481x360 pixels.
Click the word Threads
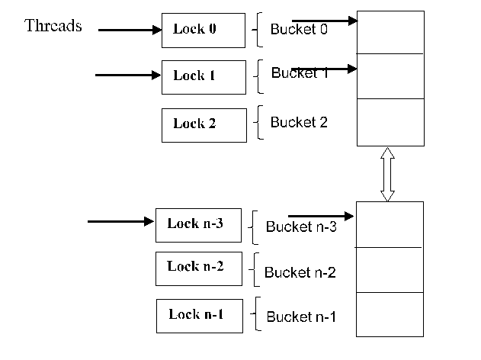tap(53, 26)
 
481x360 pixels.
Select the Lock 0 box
tap(204, 30)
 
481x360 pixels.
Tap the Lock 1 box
tap(204, 76)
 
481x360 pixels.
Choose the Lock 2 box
tap(204, 124)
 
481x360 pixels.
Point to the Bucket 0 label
tap(299, 30)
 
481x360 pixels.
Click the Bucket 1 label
tap(299, 74)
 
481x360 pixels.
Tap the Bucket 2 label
tap(299, 122)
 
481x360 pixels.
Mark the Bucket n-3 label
tap(301, 227)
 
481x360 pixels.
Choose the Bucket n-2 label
tap(300, 272)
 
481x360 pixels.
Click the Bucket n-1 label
tap(300, 317)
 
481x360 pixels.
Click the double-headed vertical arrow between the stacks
tap(387, 174)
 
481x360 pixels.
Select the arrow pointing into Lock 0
tap(130, 31)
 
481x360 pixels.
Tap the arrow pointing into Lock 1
tap(128, 75)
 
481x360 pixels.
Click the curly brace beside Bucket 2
tap(260, 123)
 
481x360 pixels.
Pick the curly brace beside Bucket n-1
tap(256, 313)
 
